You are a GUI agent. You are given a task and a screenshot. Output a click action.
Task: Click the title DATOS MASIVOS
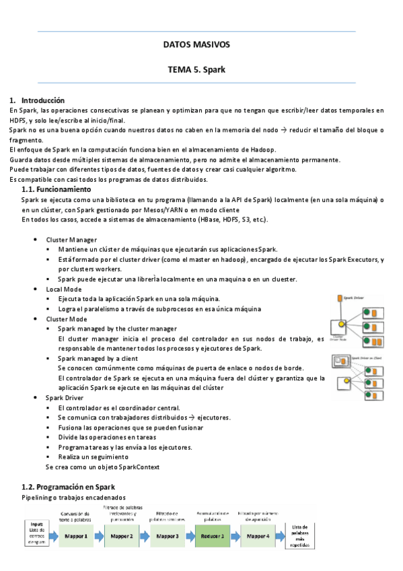pos(196,44)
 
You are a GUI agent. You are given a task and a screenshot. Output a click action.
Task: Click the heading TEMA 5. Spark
pos(196,69)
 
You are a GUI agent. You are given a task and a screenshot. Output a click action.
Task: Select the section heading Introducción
pos(42,100)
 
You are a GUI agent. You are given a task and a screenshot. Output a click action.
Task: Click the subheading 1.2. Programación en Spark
pos(69,486)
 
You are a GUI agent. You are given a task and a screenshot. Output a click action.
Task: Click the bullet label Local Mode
pos(64,288)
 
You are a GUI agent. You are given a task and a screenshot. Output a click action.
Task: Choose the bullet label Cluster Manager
pos(71,240)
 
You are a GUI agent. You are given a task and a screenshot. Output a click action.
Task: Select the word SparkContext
pos(137,466)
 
